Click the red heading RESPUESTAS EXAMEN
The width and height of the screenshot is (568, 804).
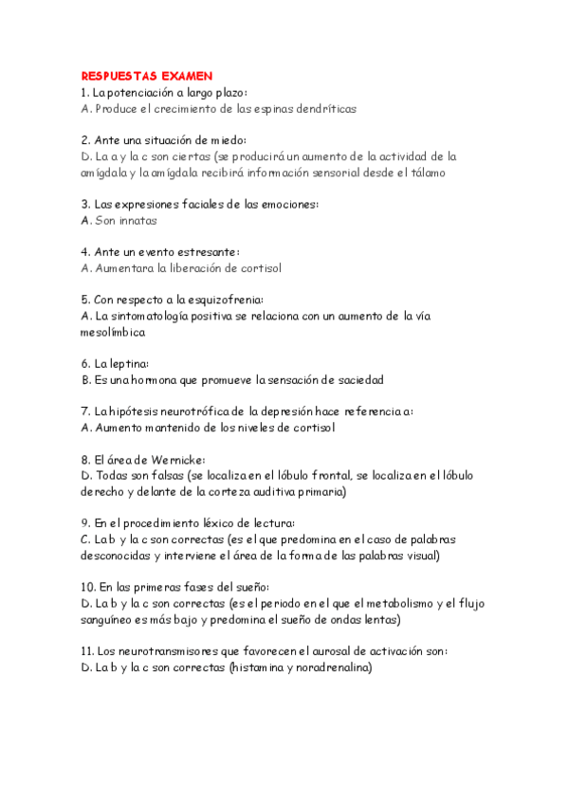point(147,75)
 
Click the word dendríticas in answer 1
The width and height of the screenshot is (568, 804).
point(323,109)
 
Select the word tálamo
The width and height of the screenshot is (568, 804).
point(424,173)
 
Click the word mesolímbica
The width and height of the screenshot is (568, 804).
point(114,333)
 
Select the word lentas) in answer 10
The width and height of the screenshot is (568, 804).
point(379,620)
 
